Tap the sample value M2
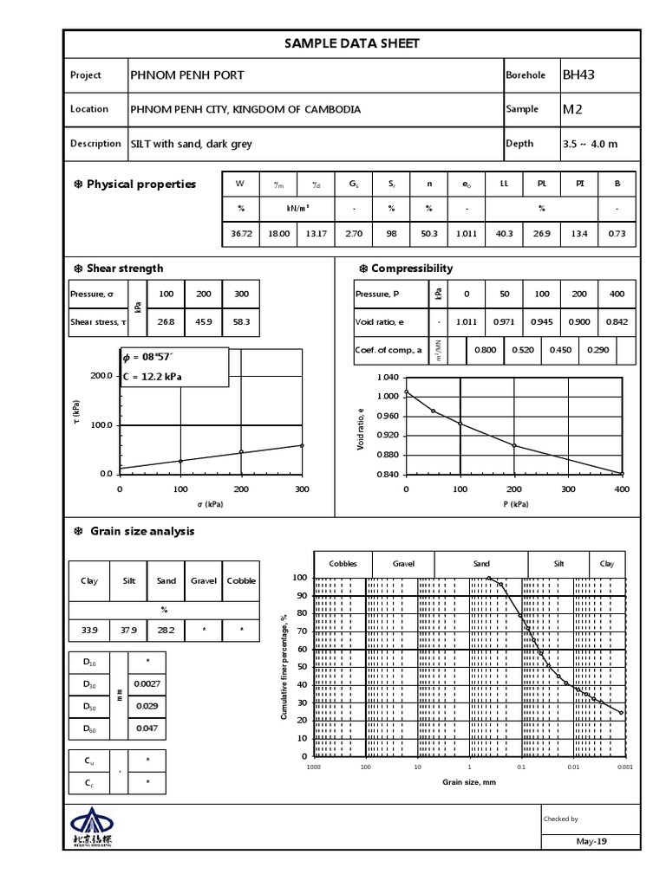click(x=572, y=109)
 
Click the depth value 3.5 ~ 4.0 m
click(x=590, y=144)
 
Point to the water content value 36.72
click(x=241, y=234)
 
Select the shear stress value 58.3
click(x=241, y=321)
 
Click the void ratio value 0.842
click(x=617, y=321)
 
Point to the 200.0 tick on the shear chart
click(x=101, y=377)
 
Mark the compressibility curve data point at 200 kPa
click(x=514, y=445)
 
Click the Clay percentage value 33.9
click(x=88, y=631)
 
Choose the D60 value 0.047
click(x=147, y=729)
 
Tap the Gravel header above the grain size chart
click(x=403, y=564)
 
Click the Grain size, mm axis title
click(x=469, y=782)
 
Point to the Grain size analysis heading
click(x=142, y=532)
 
